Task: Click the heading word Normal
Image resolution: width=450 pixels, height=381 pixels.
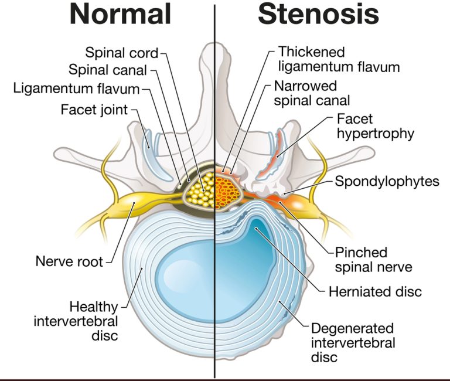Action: [120, 15]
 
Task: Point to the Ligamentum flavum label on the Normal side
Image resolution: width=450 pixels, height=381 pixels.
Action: [76, 89]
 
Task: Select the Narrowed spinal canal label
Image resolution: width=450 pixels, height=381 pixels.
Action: [312, 93]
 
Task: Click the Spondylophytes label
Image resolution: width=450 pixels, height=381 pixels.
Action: [387, 181]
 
